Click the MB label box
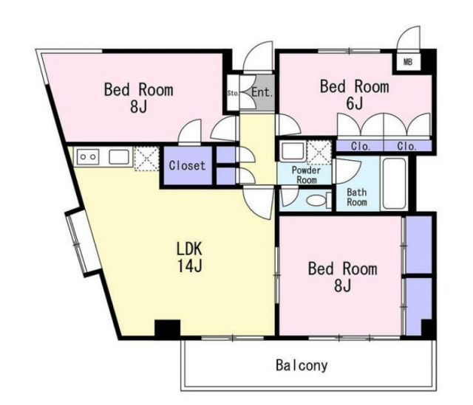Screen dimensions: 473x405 408,62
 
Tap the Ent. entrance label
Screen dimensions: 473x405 262,92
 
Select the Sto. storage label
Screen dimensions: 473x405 233,93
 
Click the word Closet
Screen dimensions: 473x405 187,165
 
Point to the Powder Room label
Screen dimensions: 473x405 306,175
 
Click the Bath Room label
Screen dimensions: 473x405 356,197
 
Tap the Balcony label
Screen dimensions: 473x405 302,365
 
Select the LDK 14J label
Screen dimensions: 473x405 189,257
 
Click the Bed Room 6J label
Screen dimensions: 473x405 355,94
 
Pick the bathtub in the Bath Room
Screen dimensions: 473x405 394,184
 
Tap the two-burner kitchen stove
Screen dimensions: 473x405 88,157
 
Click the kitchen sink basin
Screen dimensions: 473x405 119,157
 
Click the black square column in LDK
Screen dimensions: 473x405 168,328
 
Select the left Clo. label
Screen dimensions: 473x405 361,146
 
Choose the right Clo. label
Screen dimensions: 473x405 407,146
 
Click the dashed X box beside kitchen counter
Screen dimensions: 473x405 146,159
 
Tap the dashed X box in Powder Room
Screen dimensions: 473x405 319,152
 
